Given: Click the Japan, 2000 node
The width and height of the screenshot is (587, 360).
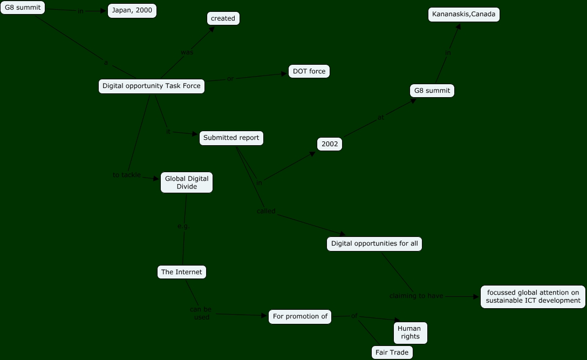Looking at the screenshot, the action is [x=132, y=10].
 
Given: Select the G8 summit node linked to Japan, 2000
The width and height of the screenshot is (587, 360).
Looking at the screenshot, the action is [x=23, y=8].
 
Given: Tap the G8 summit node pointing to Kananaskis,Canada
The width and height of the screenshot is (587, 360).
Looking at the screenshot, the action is [x=432, y=91].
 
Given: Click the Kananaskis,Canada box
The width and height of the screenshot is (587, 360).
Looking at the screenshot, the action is [x=464, y=15].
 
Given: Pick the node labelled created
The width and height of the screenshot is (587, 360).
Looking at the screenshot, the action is [x=223, y=18].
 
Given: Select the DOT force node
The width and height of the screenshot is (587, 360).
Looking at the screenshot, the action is [x=309, y=71].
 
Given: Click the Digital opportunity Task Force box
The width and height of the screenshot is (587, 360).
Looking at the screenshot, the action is [x=152, y=86].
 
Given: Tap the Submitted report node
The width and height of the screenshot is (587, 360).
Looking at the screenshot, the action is [x=231, y=138].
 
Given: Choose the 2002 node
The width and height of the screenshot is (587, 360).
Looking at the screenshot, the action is [x=330, y=144].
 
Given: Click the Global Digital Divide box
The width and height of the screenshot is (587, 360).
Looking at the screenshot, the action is [x=187, y=182].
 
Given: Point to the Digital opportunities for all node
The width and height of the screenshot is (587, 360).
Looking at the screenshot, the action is [x=374, y=243].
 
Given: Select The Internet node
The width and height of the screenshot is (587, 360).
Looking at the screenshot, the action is [x=181, y=272].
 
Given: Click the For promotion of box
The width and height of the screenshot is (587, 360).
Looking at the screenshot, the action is [x=300, y=316].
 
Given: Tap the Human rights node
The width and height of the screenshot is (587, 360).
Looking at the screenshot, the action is [x=409, y=332].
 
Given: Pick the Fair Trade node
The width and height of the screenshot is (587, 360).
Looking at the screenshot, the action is [x=392, y=352].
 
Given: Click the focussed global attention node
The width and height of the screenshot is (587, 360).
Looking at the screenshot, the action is [x=533, y=297].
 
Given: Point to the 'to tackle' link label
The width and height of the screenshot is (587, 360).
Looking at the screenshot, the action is [x=127, y=175].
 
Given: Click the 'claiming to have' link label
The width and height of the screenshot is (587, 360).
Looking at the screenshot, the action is [x=417, y=296].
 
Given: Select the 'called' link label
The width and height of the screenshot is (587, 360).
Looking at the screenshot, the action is [x=266, y=211].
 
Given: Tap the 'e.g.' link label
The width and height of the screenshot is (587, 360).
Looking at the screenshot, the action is [x=183, y=226].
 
